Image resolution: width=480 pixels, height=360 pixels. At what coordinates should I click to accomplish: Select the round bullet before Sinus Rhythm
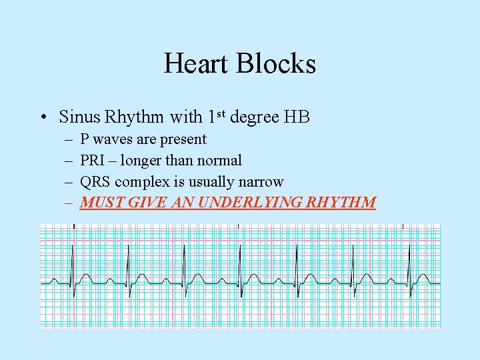42,118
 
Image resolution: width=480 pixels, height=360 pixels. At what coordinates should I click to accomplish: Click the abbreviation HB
297,117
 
